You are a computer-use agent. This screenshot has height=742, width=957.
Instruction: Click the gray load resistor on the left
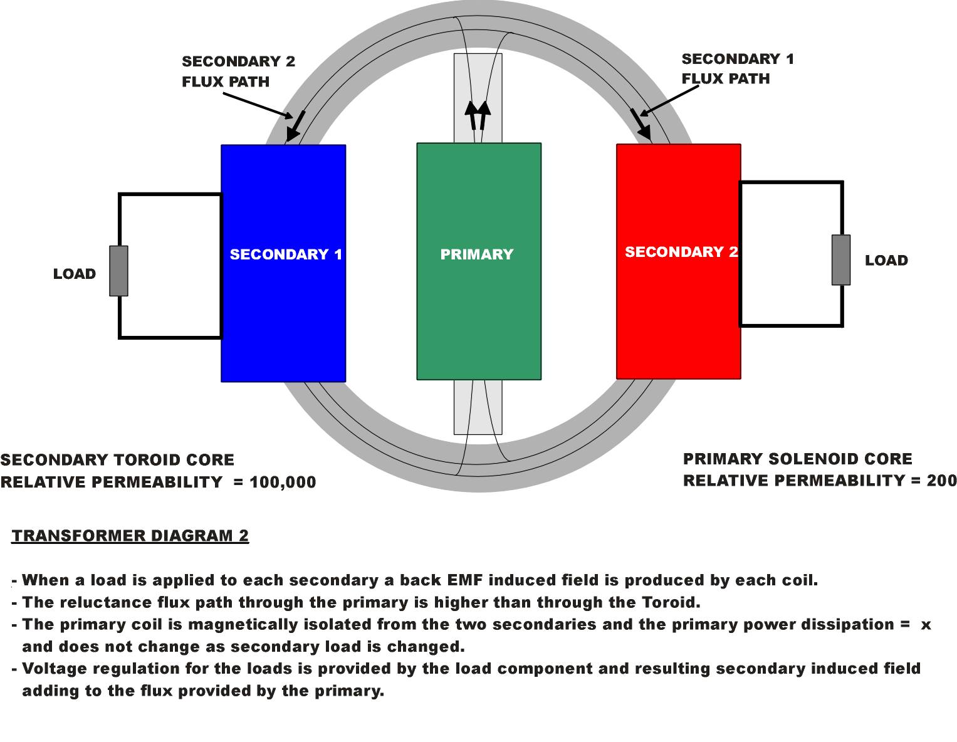[119, 271]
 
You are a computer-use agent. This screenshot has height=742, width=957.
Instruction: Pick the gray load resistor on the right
[841, 260]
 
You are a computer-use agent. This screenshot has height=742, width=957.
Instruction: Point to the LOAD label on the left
[75, 274]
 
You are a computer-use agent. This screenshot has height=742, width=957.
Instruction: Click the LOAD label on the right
[886, 261]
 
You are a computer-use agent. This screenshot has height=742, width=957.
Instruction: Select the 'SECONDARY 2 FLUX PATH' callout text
[238, 71]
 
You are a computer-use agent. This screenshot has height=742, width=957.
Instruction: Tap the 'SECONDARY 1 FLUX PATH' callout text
[737, 69]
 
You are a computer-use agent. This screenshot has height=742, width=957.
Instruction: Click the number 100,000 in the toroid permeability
[283, 483]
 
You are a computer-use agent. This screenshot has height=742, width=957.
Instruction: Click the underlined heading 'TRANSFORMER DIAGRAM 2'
[130, 536]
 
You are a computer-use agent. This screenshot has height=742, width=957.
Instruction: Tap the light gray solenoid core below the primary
[478, 407]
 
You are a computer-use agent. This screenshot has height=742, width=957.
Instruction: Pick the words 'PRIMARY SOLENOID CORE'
[797, 459]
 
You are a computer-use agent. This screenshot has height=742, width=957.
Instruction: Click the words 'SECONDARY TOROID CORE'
[117, 460]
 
